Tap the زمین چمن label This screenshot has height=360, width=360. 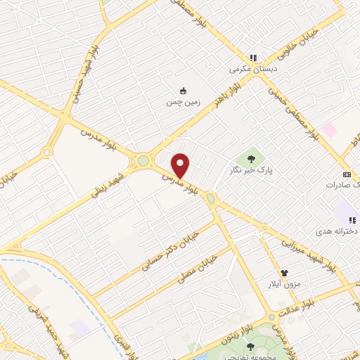coord(184,102)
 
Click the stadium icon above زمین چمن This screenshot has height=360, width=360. coord(184,91)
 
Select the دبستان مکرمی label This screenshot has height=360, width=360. coord(253,70)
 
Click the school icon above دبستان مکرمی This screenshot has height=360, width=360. coord(253,58)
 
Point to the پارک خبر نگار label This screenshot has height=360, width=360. coord(251,170)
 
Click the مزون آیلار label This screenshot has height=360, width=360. coord(284,283)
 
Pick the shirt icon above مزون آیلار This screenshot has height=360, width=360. coord(284,272)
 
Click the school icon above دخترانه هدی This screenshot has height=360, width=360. coord(352,220)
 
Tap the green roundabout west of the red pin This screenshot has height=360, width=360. coord(143,161)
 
